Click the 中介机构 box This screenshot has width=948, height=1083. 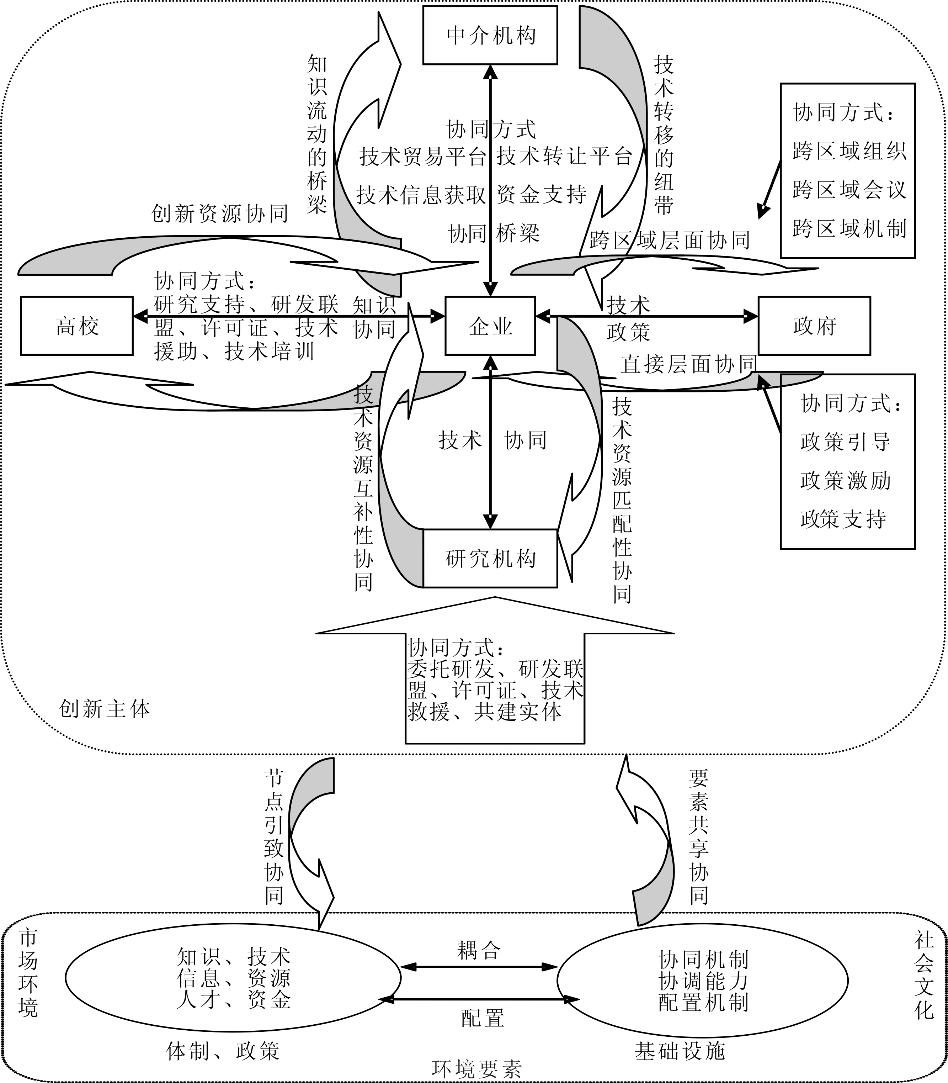pos(490,36)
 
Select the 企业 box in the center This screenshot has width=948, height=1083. pos(490,326)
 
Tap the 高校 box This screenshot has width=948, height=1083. pos(77,326)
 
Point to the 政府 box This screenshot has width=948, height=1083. pos(814,326)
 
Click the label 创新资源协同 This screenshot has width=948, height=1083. pos(219,214)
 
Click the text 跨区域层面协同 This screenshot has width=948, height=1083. pos(670,240)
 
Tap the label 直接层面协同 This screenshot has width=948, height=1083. pos(688,364)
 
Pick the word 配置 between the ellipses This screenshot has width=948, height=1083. pos(483,1018)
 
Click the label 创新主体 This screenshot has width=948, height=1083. pos(105,709)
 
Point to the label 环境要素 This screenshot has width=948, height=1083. pos(476,1069)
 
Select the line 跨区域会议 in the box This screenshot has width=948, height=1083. pos(849,190)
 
